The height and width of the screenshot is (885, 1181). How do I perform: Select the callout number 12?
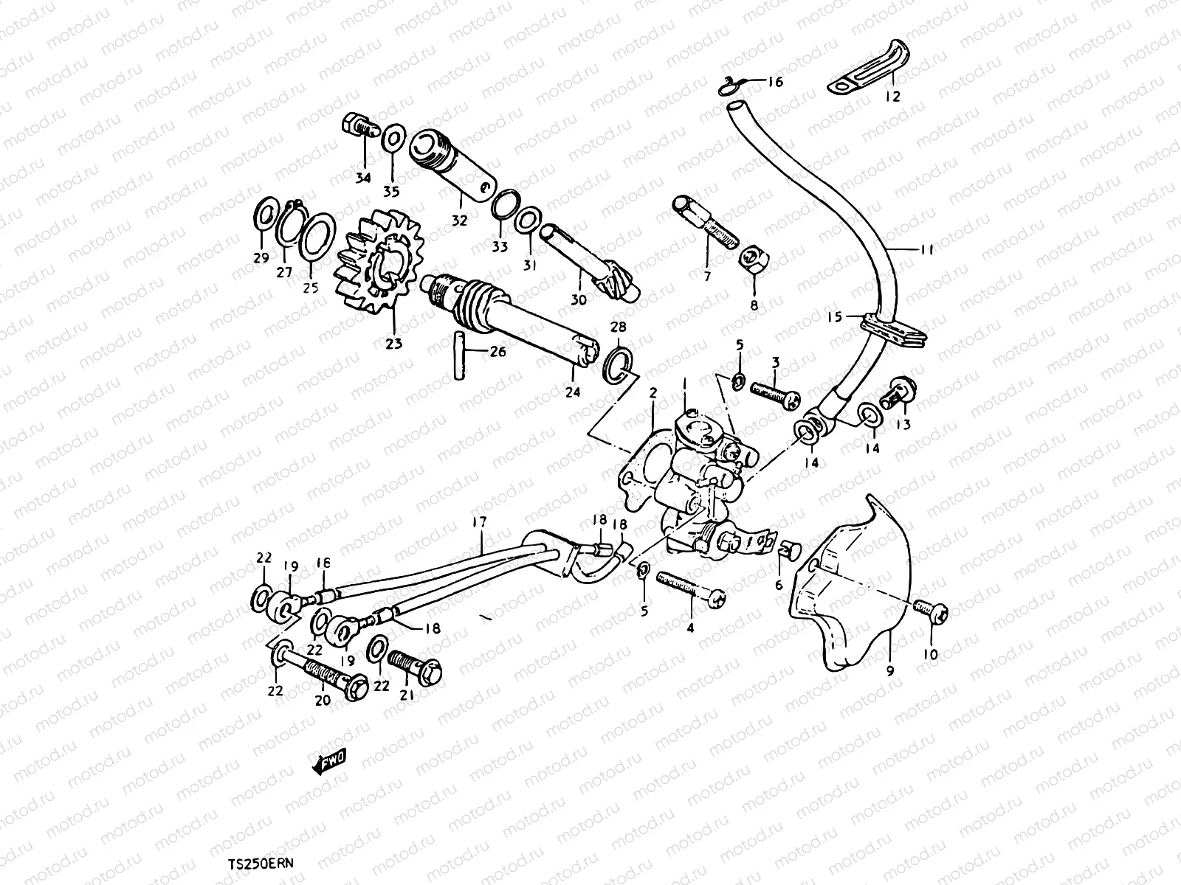[x=892, y=97]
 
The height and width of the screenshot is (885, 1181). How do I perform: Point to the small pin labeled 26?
[x=459, y=356]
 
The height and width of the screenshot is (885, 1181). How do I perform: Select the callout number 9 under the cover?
[x=890, y=670]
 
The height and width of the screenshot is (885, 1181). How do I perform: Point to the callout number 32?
[x=460, y=220]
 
